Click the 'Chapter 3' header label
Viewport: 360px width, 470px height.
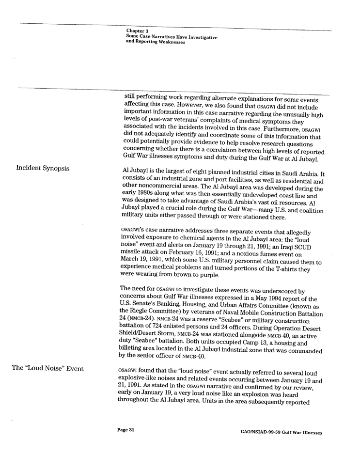click(x=137, y=31)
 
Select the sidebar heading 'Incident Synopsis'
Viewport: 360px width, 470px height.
click(x=43, y=168)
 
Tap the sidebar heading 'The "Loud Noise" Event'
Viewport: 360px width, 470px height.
click(x=47, y=368)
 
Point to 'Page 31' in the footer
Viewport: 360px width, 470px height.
click(x=125, y=430)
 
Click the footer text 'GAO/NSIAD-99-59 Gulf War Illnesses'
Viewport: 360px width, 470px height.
click(x=282, y=432)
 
